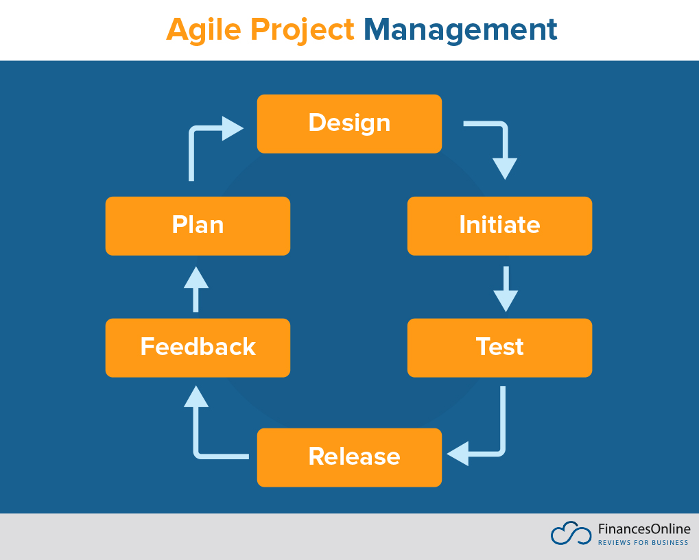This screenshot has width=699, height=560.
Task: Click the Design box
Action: pyautogui.click(x=349, y=123)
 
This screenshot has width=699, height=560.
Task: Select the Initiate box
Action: pyautogui.click(x=499, y=226)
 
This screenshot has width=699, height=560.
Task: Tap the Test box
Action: pyautogui.click(x=499, y=348)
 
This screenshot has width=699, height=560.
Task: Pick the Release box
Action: pyautogui.click(x=349, y=457)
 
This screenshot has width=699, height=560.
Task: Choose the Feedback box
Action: pyautogui.click(x=198, y=348)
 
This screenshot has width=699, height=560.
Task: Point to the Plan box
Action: pyautogui.click(x=198, y=226)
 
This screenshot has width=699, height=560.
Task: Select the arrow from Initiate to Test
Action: pyautogui.click(x=506, y=288)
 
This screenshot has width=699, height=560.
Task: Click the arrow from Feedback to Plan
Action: pyautogui.click(x=196, y=288)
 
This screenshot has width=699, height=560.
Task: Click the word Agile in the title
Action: pyautogui.click(x=204, y=30)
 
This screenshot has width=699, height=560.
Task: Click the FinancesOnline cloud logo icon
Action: pyautogui.click(x=571, y=534)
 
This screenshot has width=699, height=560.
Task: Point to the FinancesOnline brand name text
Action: pyautogui.click(x=643, y=529)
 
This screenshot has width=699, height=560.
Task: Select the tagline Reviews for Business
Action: pyautogui.click(x=643, y=543)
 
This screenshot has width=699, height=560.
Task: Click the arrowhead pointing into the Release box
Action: pyautogui.click(x=458, y=453)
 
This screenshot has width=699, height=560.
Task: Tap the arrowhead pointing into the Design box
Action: pyautogui.click(x=233, y=128)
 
